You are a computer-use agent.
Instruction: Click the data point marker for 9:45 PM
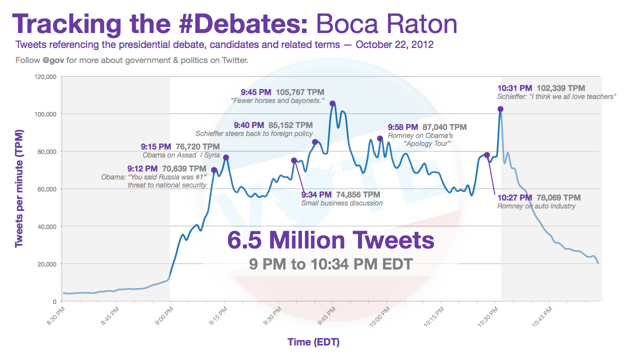click(x=332, y=103)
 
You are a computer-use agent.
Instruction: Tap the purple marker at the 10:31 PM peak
click(x=500, y=109)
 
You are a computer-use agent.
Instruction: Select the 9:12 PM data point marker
click(x=214, y=170)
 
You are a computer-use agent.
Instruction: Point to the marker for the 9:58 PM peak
click(x=380, y=138)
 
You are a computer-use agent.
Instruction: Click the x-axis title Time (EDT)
click(x=313, y=342)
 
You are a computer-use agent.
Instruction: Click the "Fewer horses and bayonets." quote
click(x=277, y=101)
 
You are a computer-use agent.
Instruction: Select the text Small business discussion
click(x=342, y=203)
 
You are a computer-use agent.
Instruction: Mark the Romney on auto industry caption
click(x=536, y=206)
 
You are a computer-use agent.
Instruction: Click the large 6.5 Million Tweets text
click(x=330, y=240)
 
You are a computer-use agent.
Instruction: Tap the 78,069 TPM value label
click(x=558, y=197)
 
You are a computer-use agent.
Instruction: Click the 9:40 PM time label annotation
click(x=249, y=125)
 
